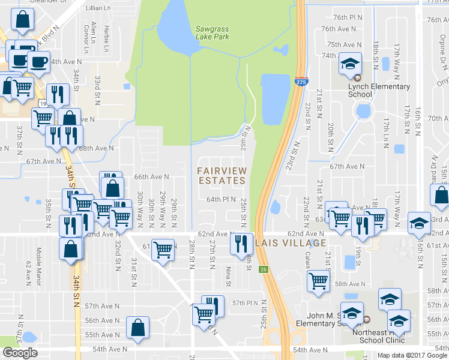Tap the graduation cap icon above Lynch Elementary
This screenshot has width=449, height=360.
click(349, 64)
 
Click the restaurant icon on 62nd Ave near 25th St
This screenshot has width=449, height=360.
click(241, 244)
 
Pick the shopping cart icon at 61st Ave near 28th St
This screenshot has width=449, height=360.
click(163, 249)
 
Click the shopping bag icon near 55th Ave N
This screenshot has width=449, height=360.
click(138, 328)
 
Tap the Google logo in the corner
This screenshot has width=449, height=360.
click(20, 353)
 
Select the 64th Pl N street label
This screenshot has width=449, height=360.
click(221, 199)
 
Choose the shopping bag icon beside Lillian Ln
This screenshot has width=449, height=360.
click(22, 20)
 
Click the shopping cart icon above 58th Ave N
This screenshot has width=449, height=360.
click(318, 280)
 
